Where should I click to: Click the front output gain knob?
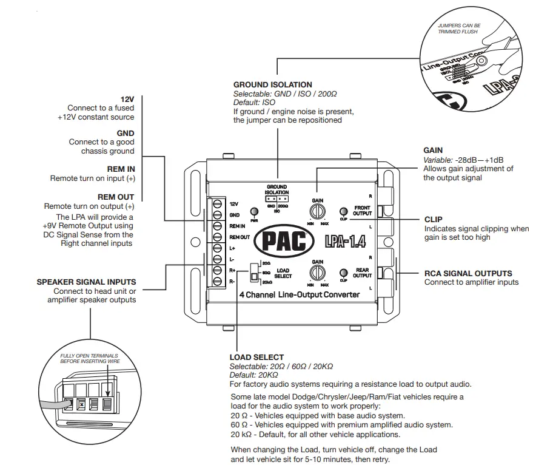point(317,211)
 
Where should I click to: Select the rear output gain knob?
point(317,272)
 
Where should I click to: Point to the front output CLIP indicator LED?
point(343,210)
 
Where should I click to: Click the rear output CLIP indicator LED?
point(343,272)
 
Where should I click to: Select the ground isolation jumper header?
point(277,199)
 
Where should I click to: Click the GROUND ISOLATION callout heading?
point(273,85)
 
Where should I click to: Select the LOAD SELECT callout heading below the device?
point(256,358)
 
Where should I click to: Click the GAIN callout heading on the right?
point(433,150)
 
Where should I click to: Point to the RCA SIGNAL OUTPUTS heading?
point(468,273)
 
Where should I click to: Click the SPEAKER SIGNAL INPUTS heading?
point(86,282)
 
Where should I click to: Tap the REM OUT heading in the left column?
point(115,197)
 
